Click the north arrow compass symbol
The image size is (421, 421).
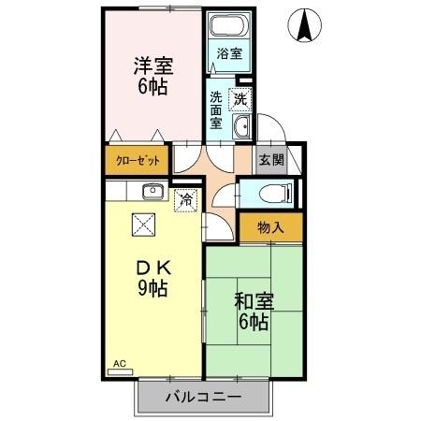305,25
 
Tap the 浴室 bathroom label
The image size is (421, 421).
229,54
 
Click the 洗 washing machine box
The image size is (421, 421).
240,98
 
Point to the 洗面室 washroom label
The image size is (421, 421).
216,109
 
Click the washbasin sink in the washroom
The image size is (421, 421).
241,128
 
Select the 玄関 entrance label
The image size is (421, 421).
271,160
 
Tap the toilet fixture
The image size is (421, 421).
272,194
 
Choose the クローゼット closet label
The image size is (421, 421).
138,160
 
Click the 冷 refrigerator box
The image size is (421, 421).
186,198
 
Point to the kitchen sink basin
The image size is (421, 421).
152,192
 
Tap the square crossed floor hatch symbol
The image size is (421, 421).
143,225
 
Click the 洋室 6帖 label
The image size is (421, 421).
151,75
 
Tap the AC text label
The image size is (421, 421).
119,362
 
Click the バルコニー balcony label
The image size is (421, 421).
203,397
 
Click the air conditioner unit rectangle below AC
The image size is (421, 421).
120,371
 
